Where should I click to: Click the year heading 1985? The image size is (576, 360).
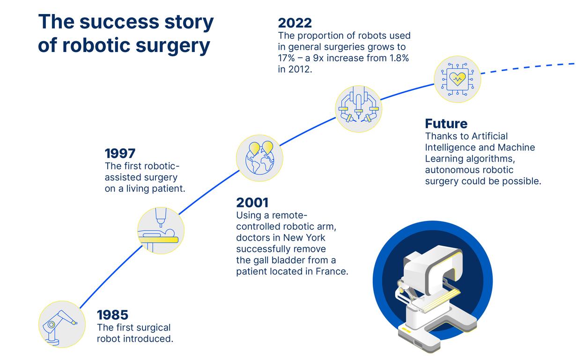[x=112, y=315]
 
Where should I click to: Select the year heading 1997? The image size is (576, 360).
[x=120, y=154]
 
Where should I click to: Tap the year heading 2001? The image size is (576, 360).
[x=252, y=203]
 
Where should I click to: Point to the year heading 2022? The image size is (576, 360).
[x=295, y=22]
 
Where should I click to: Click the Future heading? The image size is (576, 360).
[x=446, y=124]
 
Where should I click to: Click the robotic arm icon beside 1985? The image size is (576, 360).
[x=61, y=324]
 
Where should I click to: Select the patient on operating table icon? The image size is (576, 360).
[x=161, y=231]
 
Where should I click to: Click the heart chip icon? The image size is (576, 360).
[x=457, y=79]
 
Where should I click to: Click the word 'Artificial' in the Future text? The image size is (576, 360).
[x=489, y=136]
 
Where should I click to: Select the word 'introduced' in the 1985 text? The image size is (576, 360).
[x=148, y=338]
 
